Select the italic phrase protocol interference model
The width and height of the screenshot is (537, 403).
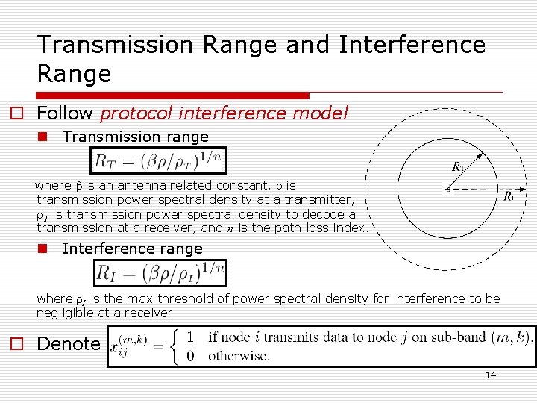[x=224, y=113]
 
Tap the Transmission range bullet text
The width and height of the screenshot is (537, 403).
[x=135, y=137]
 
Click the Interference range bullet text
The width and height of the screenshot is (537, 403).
[x=132, y=249]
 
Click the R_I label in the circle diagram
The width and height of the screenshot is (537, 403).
[x=509, y=197]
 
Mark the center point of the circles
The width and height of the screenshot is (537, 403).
[x=447, y=188]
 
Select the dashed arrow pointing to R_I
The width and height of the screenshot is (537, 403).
[x=474, y=189]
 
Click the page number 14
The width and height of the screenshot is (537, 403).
[x=490, y=375]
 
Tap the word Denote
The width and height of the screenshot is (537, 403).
[x=68, y=344]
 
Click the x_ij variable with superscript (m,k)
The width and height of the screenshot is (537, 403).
[x=128, y=346]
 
